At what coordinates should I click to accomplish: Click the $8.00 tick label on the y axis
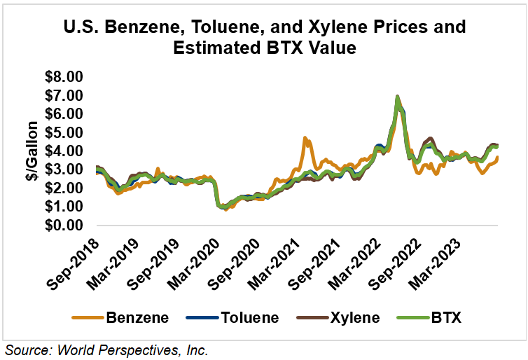pos(64,76)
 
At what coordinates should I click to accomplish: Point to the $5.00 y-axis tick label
pos(64,132)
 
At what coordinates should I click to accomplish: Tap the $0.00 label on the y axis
pos(64,226)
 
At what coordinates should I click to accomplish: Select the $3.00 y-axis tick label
pos(64,170)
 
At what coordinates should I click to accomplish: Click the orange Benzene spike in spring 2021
pos(305,139)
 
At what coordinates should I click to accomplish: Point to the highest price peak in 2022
pos(397,97)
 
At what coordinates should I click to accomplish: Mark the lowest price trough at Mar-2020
pos(224,208)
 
